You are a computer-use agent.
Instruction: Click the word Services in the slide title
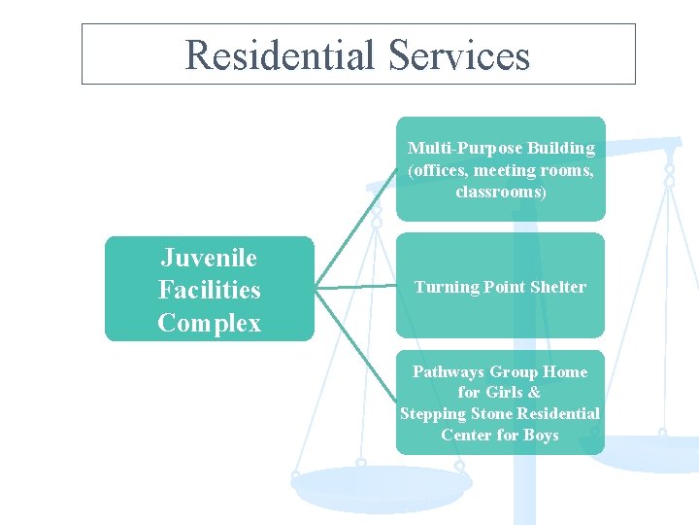458,55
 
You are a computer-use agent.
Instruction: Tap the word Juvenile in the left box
209,258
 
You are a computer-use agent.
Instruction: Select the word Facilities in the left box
209,290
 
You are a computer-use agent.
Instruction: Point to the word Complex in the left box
209,323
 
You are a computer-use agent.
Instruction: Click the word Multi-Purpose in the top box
458,149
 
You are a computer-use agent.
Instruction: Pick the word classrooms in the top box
499,192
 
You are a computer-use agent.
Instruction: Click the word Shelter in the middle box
552,287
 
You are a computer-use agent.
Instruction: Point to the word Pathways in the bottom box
449,371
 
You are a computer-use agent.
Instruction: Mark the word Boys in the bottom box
541,436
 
